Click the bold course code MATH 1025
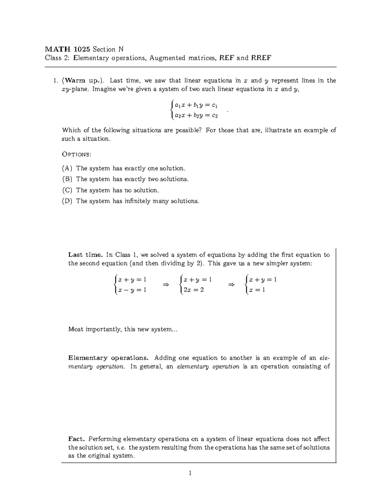point(68,49)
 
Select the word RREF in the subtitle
point(261,58)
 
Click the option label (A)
point(67,168)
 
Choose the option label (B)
point(67,179)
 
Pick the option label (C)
point(67,190)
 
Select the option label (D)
point(67,201)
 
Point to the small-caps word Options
point(76,154)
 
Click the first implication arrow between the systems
point(165,285)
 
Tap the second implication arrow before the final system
point(231,285)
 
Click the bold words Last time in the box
point(85,255)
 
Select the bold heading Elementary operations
point(108,358)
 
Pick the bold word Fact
point(77,439)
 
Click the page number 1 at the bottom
point(190,473)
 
